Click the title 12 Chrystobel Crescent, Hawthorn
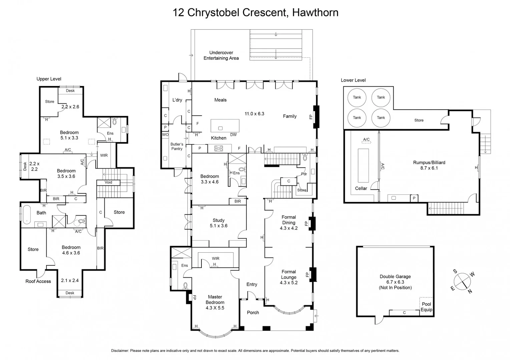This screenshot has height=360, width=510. [255, 13]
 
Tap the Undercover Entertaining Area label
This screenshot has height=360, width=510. [221, 55]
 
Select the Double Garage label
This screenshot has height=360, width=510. [395, 276]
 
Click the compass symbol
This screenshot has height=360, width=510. [462, 281]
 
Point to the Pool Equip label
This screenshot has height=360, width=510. [426, 307]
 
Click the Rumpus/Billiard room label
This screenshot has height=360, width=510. [429, 163]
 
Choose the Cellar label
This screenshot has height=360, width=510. [361, 188]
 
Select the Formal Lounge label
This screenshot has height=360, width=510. [289, 274]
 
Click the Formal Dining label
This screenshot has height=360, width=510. [289, 220]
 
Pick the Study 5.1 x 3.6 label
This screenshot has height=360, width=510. [218, 223]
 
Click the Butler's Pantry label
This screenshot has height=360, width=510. [177, 146]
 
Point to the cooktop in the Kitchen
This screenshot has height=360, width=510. [218, 148]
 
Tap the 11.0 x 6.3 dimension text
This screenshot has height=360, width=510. [254, 114]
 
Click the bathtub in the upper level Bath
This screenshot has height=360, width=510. [26, 213]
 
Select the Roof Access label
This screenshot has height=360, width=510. [38, 281]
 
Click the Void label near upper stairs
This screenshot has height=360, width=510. [108, 182]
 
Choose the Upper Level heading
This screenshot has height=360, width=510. [49, 79]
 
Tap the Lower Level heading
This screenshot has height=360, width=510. [353, 80]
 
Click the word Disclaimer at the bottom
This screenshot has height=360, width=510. [120, 351]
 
